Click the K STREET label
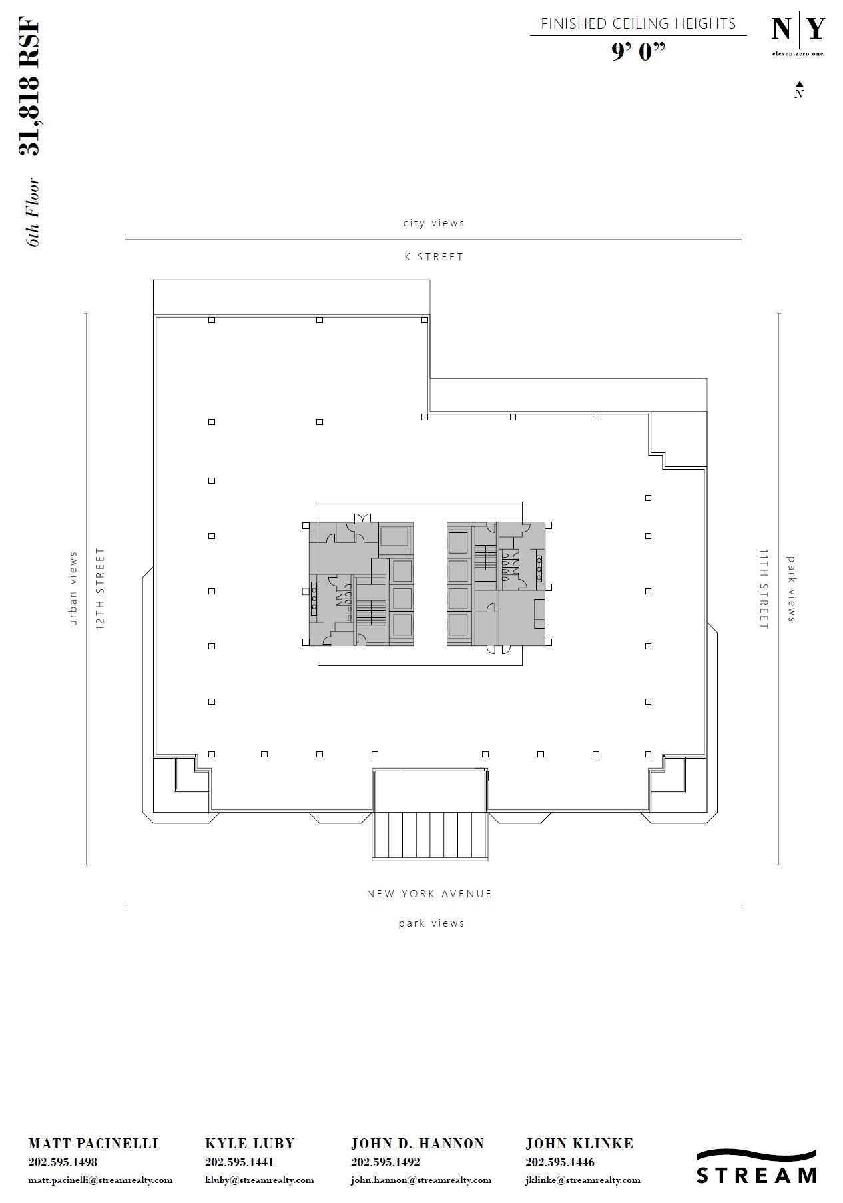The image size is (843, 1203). click(x=433, y=257)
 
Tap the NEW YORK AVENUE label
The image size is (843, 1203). click(x=429, y=894)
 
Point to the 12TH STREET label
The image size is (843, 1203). click(x=101, y=590)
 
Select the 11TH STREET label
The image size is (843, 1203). click(x=764, y=590)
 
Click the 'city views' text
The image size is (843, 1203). click(x=433, y=223)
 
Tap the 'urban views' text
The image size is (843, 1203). click(x=73, y=590)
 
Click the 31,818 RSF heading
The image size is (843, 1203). click(x=30, y=89)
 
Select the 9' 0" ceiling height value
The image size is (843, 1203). click(x=639, y=52)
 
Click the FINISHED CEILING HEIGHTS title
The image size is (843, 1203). click(x=638, y=24)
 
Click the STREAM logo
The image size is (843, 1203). click(x=756, y=1166)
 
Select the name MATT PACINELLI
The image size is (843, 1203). click(x=93, y=1144)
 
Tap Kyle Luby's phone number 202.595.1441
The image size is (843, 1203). click(x=239, y=1162)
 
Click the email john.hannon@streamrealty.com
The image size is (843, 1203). click(x=421, y=1180)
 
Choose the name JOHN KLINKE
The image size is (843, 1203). click(x=579, y=1144)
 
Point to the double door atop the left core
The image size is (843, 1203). click(x=362, y=518)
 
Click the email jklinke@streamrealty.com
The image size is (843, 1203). click(x=583, y=1180)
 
